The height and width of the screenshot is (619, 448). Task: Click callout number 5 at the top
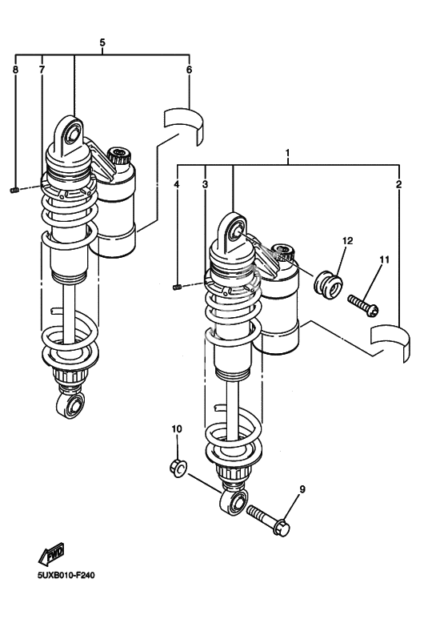click(102, 42)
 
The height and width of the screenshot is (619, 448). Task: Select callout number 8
click(15, 70)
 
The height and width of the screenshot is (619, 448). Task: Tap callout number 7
click(42, 70)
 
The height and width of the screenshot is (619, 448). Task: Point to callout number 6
click(189, 70)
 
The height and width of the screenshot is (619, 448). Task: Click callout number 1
click(287, 153)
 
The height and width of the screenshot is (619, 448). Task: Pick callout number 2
click(398, 184)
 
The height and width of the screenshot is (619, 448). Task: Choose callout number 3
click(205, 184)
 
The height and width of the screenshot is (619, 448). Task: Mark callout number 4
click(177, 184)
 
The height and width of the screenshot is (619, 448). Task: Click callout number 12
click(347, 240)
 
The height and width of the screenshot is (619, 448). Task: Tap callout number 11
click(384, 259)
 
